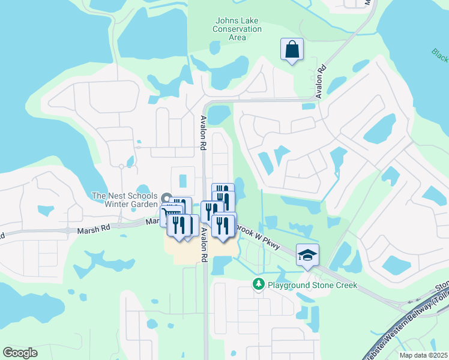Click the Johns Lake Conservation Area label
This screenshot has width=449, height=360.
(238, 28)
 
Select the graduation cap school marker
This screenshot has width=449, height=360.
(307, 255)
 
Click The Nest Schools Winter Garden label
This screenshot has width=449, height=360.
(124, 200)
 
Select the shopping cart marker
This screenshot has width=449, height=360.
(171, 214)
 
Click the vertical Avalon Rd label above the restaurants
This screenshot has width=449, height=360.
(203, 133)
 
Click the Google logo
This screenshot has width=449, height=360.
(20, 353)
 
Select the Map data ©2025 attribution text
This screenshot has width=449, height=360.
(423, 355)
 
